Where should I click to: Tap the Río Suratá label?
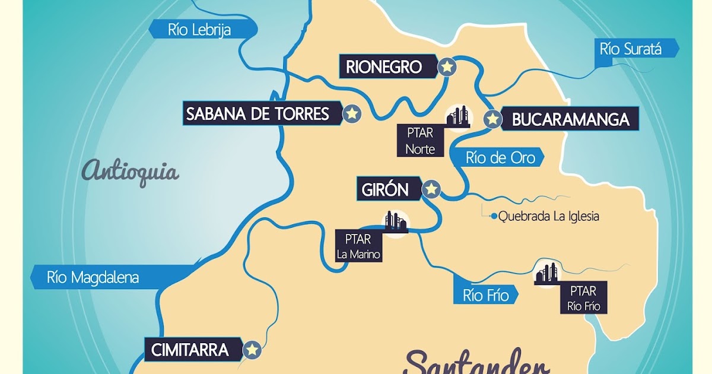[x=631, y=49]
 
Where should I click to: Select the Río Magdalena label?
[x=93, y=277]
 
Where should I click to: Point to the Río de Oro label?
[x=500, y=158]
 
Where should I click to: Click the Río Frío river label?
[x=485, y=294]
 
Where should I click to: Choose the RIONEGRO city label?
[x=384, y=66]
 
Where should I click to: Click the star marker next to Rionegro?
[x=447, y=67]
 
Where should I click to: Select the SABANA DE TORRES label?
[x=258, y=113]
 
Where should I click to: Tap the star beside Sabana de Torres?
[x=352, y=113]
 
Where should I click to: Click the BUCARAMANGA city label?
[x=570, y=119]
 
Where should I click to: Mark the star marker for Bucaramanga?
[x=492, y=119]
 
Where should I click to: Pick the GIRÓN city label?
[x=386, y=189]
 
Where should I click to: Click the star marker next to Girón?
[x=431, y=189]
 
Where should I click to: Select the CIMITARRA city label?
[x=190, y=350]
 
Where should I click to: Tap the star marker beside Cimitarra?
[x=253, y=350]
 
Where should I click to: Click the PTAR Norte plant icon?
[x=458, y=116]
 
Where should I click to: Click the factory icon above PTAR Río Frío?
[x=546, y=272]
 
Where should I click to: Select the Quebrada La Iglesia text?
[x=548, y=217]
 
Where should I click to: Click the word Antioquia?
[x=131, y=172]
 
